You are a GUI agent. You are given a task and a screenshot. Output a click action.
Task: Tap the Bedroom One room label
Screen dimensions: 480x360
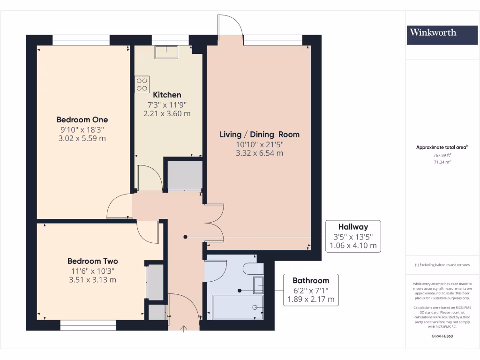coord(82,120)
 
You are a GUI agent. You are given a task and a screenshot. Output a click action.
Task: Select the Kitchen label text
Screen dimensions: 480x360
coord(167,95)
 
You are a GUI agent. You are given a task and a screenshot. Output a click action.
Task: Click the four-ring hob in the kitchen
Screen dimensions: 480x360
coord(142,84)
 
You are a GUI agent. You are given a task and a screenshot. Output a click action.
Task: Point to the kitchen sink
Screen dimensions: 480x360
coord(166,52)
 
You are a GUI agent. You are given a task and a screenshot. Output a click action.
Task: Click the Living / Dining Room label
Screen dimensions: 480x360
coord(260,135)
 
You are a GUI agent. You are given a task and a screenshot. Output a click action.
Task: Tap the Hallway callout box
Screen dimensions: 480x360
coord(353,236)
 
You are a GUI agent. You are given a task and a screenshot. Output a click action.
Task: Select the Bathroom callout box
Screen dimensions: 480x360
coord(311,290)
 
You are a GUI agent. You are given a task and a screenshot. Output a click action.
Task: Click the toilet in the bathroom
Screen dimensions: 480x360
coord(253,269)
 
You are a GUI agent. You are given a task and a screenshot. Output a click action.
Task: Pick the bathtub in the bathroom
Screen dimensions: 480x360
coord(238,307)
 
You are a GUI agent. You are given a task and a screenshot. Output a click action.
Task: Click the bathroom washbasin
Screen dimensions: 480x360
coord(258,285)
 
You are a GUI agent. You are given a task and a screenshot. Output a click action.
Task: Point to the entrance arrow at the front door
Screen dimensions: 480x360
coord(184,329)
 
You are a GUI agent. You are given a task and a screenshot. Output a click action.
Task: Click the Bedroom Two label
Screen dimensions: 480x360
coord(92,261)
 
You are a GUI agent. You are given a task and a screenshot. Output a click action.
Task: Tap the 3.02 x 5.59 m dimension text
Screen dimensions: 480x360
coord(82,138)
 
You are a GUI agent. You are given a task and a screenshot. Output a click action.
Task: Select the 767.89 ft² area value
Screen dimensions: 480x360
coord(442,155)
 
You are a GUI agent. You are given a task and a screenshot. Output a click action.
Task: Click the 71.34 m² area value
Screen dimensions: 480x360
coord(442,162)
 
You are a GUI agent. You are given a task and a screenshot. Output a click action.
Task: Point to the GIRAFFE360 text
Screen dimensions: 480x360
coord(442,336)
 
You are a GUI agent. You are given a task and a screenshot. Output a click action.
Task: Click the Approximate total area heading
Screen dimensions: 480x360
coord(442,147)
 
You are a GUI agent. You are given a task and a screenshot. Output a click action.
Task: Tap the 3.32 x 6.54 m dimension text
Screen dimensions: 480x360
coord(260,153)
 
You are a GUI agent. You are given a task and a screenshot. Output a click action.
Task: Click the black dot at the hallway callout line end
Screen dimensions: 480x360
coord(185,237)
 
